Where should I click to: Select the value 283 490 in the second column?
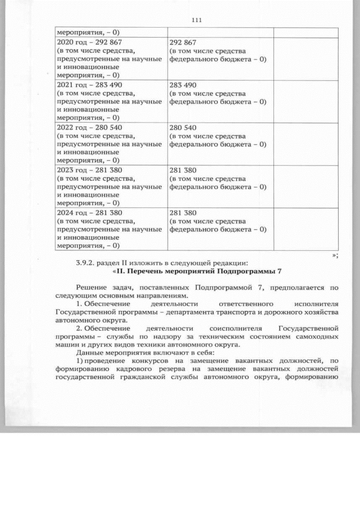click(183, 85)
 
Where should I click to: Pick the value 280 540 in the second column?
click(183, 128)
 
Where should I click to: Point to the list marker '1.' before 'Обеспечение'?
click(78, 304)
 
